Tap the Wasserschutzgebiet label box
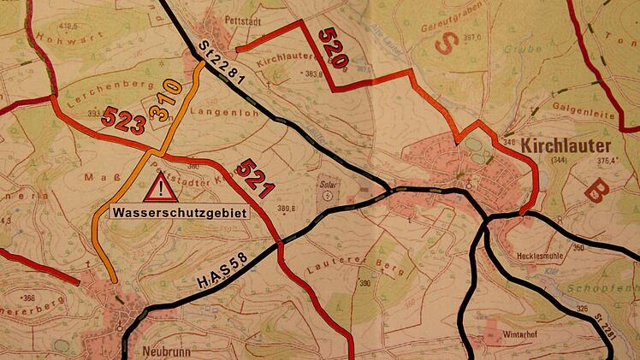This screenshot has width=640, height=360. [x=178, y=210]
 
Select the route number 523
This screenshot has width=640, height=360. [x=123, y=121]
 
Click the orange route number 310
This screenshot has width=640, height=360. [x=165, y=99]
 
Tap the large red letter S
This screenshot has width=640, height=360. [x=444, y=44]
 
